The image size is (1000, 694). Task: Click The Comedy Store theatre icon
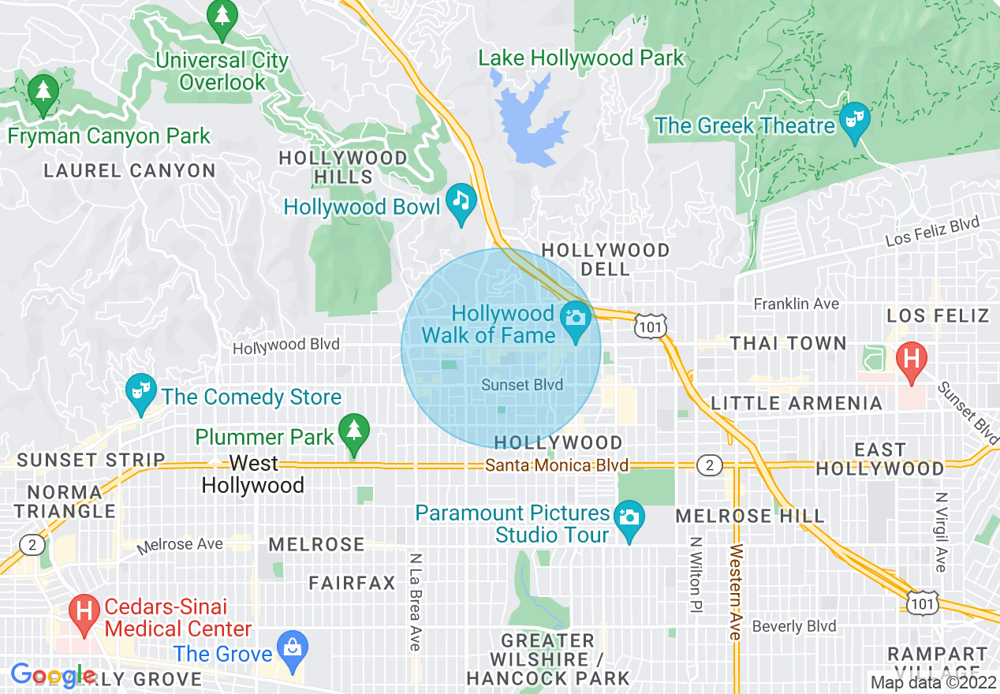(x=140, y=390)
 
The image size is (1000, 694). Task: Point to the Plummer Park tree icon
(x=354, y=431)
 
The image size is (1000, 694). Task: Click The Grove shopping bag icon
(x=292, y=647)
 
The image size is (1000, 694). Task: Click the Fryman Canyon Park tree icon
(x=42, y=92)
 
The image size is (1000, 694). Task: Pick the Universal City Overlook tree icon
(x=222, y=16)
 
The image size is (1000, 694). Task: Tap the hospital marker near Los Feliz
(x=912, y=359)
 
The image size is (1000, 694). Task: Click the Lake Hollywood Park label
(x=582, y=58)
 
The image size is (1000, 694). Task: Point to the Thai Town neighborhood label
(x=788, y=344)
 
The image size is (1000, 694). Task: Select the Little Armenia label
(x=797, y=404)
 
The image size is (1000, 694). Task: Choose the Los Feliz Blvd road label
(x=931, y=230)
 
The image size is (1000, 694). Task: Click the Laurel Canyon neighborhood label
(x=129, y=171)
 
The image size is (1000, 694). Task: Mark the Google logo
(x=54, y=676)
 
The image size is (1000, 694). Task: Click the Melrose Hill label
(x=749, y=517)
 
